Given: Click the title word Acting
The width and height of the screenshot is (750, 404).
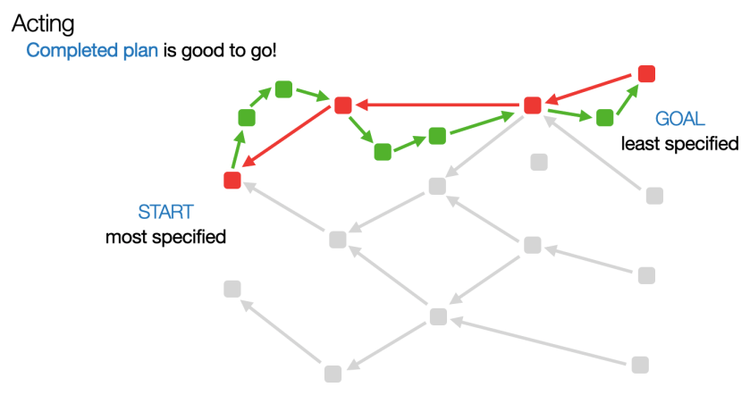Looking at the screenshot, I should tap(43, 22).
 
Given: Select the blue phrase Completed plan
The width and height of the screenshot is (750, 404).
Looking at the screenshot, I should tap(92, 50).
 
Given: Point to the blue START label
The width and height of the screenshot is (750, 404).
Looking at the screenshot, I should tap(165, 212).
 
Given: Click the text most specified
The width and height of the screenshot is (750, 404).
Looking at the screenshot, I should tap(165, 237).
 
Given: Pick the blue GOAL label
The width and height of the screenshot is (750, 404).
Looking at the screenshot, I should tap(680, 119).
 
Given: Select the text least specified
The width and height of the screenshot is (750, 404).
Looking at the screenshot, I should tap(680, 143).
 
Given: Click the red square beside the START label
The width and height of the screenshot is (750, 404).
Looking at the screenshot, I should tap(232, 181).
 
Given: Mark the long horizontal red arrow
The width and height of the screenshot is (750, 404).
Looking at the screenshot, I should tap(438, 105).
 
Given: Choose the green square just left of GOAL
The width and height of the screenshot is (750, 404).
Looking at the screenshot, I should tap(604, 117).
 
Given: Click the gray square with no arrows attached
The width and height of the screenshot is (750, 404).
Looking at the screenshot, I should tap(539, 162).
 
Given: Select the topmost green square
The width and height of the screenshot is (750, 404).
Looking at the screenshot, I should tap(284, 88).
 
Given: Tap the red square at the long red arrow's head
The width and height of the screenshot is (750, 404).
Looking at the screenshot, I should tap(342, 105).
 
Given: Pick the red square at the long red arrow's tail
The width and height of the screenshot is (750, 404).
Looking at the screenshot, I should tap(533, 105).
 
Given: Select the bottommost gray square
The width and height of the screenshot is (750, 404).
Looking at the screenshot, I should tap(333, 374).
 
